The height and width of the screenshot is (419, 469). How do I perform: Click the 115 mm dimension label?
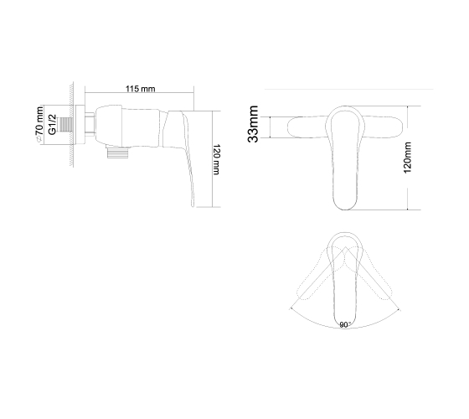(141, 89)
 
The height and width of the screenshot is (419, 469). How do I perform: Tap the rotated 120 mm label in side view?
(216, 159)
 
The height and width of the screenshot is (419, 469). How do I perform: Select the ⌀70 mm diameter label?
(39, 124)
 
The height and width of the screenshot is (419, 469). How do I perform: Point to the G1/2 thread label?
(52, 125)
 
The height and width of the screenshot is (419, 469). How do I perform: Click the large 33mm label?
(253, 124)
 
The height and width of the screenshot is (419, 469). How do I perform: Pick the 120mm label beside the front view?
(407, 158)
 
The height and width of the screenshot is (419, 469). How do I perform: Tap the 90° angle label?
(345, 325)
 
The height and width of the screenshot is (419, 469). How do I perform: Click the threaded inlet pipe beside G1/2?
(66, 125)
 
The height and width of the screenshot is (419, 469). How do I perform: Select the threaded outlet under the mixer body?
(118, 153)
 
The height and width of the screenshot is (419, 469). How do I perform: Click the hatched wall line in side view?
(72, 124)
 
